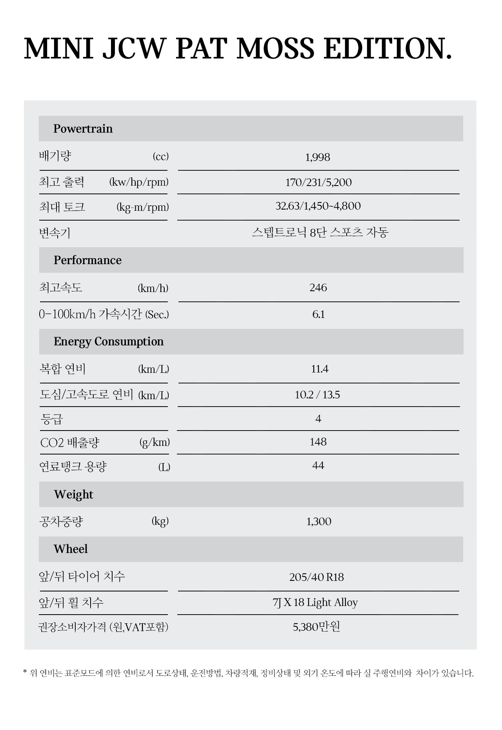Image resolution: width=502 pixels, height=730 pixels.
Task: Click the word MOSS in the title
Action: [x=276, y=49]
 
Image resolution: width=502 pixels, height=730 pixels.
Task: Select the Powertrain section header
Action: [x=83, y=129]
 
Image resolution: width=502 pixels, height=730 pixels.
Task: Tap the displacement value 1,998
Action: [x=318, y=157]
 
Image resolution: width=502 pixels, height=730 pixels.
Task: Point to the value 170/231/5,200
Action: [x=318, y=182]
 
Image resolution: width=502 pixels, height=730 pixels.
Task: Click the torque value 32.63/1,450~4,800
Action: [x=318, y=206]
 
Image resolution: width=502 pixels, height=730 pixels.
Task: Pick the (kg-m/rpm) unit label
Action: [x=143, y=207]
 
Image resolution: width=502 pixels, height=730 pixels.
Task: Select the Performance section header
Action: [x=87, y=260]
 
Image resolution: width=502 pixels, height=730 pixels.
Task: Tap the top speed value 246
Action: [x=318, y=288]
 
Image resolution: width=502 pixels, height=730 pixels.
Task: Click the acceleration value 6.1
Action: [x=318, y=314]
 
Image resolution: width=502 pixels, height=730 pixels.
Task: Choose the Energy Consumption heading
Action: [x=109, y=341]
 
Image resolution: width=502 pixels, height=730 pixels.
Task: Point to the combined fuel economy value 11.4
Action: [x=320, y=369]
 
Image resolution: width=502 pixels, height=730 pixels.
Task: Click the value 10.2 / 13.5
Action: [x=317, y=395]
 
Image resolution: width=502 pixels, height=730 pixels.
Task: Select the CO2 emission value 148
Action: [x=318, y=442]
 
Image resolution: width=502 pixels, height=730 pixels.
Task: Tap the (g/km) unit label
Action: [x=155, y=443]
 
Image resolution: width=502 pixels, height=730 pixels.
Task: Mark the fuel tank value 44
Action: [x=318, y=465]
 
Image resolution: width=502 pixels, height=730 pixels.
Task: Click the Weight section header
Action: [x=73, y=495]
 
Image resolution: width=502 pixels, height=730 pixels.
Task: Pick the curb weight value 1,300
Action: [x=319, y=522]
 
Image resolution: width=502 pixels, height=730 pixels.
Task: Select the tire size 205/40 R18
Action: [x=316, y=577]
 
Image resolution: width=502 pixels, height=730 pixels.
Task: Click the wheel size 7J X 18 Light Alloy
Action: [x=315, y=602]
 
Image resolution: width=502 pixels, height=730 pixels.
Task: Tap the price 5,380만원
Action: [x=316, y=627]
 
